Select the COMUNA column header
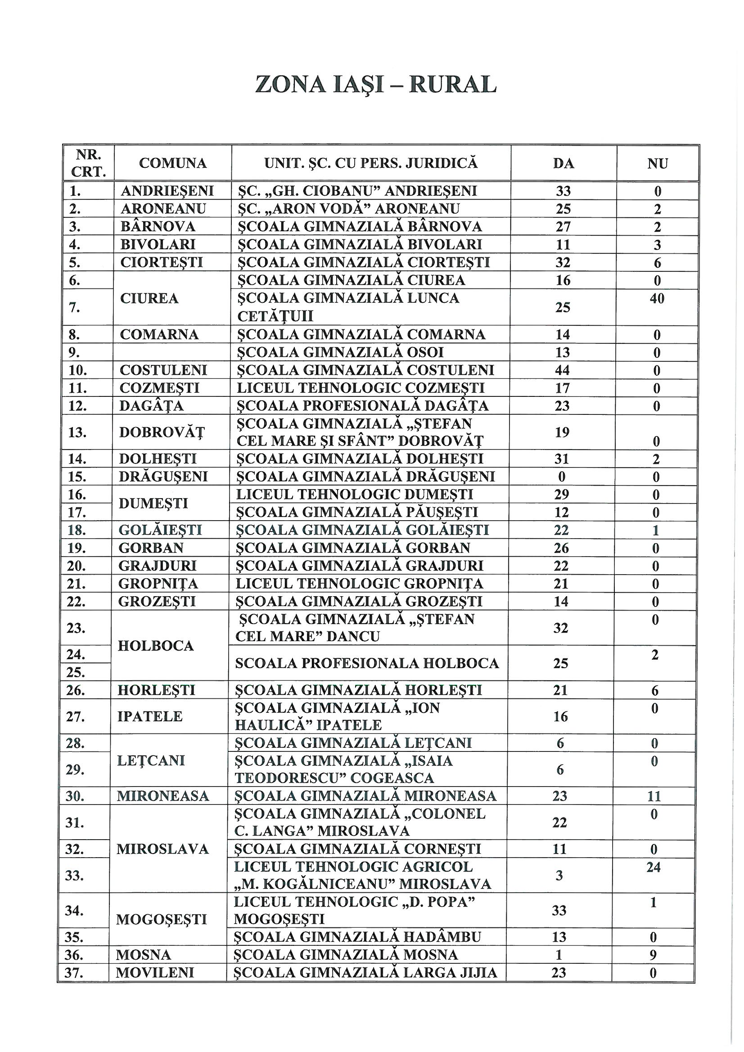(173, 163)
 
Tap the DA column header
(564, 164)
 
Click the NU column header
(658, 164)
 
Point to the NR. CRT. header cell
(88, 163)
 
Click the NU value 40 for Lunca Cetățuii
(657, 299)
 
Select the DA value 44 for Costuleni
(563, 370)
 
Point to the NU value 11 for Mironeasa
(654, 796)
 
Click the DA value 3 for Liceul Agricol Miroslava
(559, 876)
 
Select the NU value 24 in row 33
(654, 867)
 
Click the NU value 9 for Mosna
(654, 955)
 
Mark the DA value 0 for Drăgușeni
(562, 477)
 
